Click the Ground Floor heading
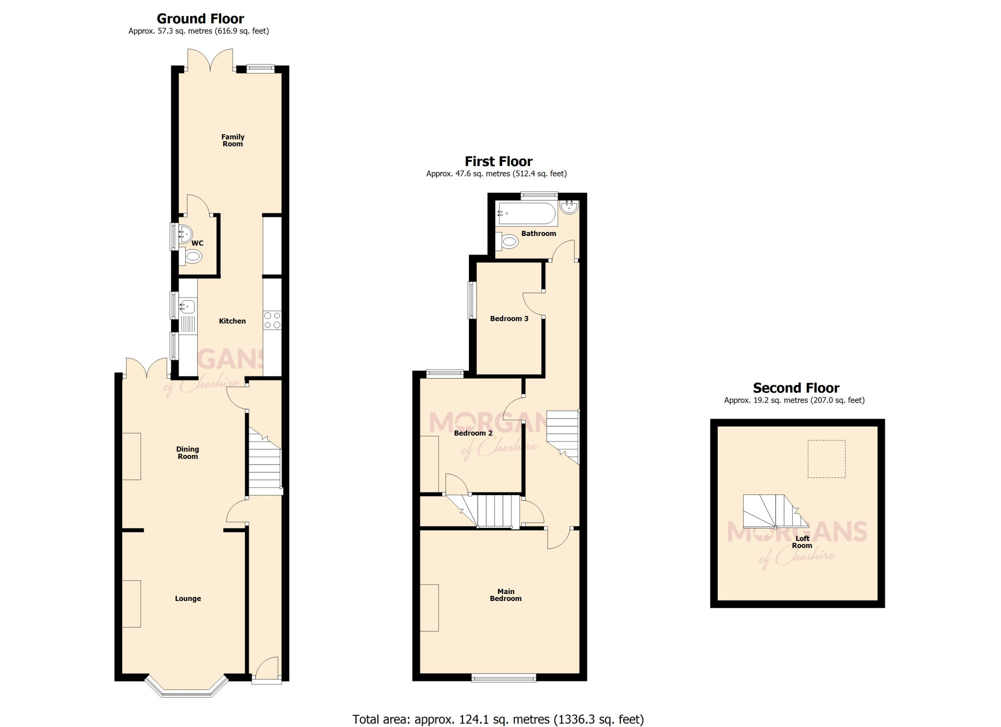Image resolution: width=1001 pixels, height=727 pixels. (200, 18)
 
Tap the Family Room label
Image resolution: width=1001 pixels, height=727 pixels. (233, 140)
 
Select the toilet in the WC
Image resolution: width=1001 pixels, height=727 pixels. (191, 256)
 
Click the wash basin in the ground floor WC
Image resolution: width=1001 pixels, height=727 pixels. (185, 233)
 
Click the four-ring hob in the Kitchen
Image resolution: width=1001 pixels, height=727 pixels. (272, 320)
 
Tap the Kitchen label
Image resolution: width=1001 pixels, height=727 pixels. (232, 321)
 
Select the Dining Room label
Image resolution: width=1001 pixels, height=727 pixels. (188, 452)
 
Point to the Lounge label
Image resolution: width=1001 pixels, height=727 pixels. (188, 598)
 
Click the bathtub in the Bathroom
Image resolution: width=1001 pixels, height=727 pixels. (526, 214)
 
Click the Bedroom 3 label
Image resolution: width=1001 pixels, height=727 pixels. (509, 318)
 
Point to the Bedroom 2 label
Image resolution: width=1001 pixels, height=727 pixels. (473, 433)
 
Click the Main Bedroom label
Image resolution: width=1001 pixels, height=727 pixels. (506, 595)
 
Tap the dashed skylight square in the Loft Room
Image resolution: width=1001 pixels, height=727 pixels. (826, 459)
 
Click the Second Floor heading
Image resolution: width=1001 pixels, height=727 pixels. (796, 388)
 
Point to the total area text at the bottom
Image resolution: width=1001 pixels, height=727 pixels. (498, 719)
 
